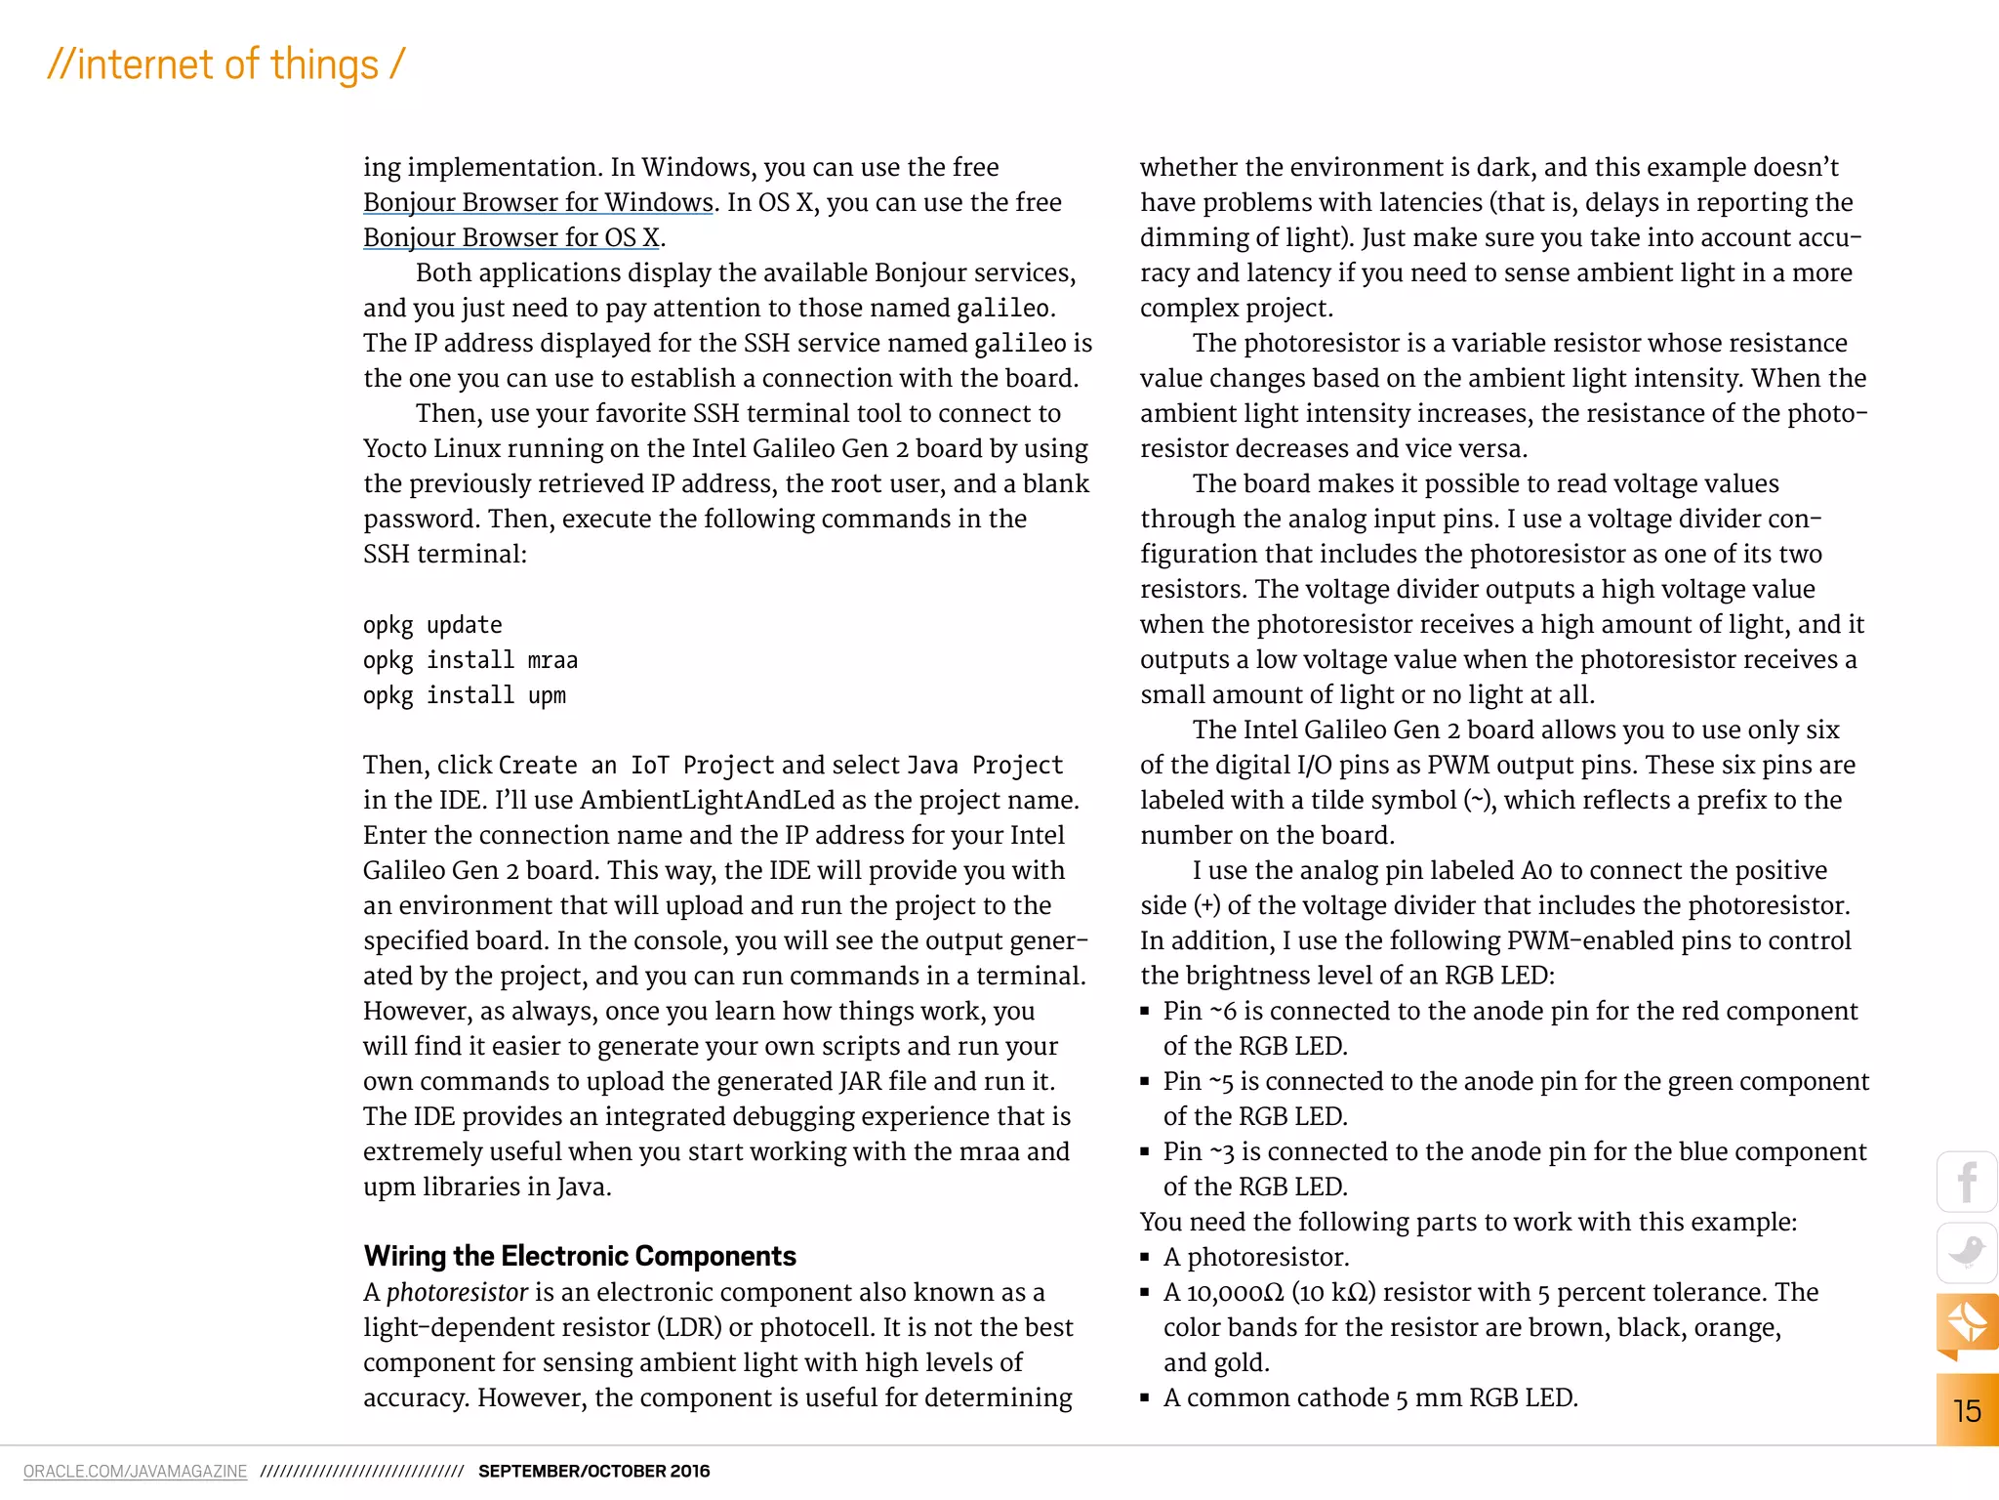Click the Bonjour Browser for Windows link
coord(538,202)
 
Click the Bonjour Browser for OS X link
coord(511,237)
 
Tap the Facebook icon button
coord(1967,1182)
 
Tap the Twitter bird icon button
coord(1967,1252)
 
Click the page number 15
coord(1967,1410)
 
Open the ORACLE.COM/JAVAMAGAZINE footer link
coord(135,1471)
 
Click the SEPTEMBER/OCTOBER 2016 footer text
coord(593,1471)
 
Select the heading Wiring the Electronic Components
coord(580,1256)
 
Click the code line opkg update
coord(432,625)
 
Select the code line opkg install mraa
coord(469,660)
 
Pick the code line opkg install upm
coord(464,695)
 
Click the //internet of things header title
coord(225,64)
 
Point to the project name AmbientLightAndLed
coord(707,800)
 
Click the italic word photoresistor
coord(457,1292)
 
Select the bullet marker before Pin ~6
coord(1145,1011)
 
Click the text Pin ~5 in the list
coord(1198,1081)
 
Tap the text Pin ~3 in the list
coord(1198,1151)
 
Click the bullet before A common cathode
coord(1145,1397)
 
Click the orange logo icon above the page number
coord(1967,1323)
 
